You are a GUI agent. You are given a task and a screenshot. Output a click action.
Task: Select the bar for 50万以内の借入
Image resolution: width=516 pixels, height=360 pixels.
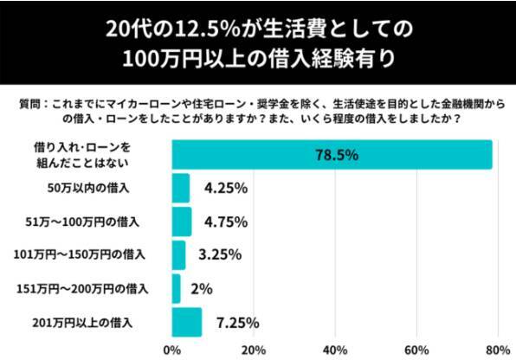pyautogui.click(x=180, y=188)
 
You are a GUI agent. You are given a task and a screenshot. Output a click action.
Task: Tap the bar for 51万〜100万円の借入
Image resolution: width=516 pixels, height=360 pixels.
pyautogui.click(x=181, y=222)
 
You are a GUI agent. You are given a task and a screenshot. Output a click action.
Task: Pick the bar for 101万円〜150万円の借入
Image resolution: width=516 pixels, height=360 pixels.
pyautogui.click(x=178, y=255)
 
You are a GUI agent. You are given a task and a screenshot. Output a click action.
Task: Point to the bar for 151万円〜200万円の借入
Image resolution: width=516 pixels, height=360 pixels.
pyautogui.click(x=176, y=288)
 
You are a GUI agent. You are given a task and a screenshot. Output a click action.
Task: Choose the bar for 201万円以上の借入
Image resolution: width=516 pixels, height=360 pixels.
pyautogui.click(x=186, y=322)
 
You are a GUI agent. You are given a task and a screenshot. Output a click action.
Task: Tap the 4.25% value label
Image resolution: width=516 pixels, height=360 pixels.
pyautogui.click(x=226, y=188)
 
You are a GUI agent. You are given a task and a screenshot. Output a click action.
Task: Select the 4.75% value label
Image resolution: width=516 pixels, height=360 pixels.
pyautogui.click(x=226, y=222)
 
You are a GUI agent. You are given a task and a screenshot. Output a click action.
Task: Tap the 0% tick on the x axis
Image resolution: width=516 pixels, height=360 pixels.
pyautogui.click(x=172, y=350)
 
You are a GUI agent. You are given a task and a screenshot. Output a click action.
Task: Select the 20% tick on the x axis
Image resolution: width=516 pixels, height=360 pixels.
pyautogui.click(x=253, y=350)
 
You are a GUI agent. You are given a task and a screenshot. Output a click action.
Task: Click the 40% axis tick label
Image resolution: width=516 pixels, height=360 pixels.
pyautogui.click(x=334, y=350)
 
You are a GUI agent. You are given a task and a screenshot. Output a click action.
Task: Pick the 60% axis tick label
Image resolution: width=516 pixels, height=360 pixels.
pyautogui.click(x=416, y=350)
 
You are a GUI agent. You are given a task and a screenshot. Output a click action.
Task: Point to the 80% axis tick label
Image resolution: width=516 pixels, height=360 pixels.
pyautogui.click(x=496, y=350)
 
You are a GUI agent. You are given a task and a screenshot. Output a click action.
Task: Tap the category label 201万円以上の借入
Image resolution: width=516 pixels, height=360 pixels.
pyautogui.click(x=90, y=322)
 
